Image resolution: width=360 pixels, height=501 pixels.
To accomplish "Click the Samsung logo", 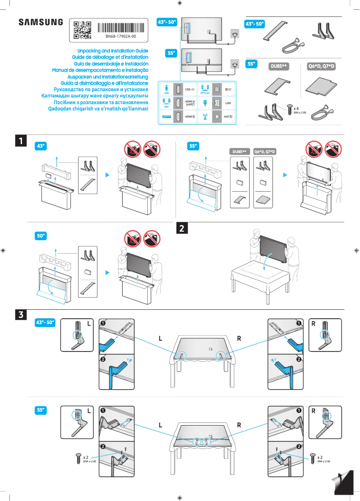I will click(40, 22).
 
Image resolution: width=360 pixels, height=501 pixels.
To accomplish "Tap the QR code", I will click(82, 30).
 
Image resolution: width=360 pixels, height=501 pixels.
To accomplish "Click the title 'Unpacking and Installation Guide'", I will click(113, 51).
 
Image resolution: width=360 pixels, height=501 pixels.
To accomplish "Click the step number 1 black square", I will click(20, 141).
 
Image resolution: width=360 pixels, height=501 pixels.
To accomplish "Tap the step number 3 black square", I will click(20, 315).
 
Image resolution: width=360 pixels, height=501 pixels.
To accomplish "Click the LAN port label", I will click(228, 103).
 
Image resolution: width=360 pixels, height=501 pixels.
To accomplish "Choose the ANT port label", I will click(228, 117).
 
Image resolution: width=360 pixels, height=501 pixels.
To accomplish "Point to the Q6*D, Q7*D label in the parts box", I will click(321, 66).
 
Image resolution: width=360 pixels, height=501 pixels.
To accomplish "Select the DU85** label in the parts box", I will click(278, 66).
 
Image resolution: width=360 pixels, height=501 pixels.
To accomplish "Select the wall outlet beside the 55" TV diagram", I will click(234, 64).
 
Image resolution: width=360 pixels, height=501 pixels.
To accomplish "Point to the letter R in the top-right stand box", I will click(313, 324).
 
